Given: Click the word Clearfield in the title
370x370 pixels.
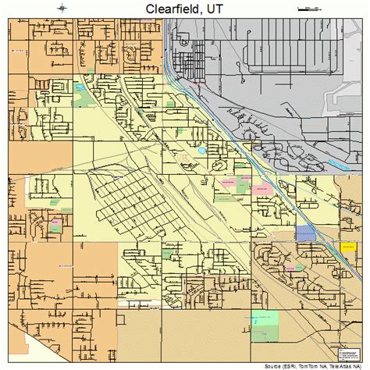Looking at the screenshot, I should pos(171,8).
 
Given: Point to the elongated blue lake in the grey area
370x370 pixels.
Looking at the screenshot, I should pos(339,165).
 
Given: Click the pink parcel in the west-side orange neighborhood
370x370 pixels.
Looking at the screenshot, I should pos(56,224).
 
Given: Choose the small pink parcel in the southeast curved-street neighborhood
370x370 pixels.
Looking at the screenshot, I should pos(294,269).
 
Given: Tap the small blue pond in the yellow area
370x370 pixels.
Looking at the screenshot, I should pos(202,151).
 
